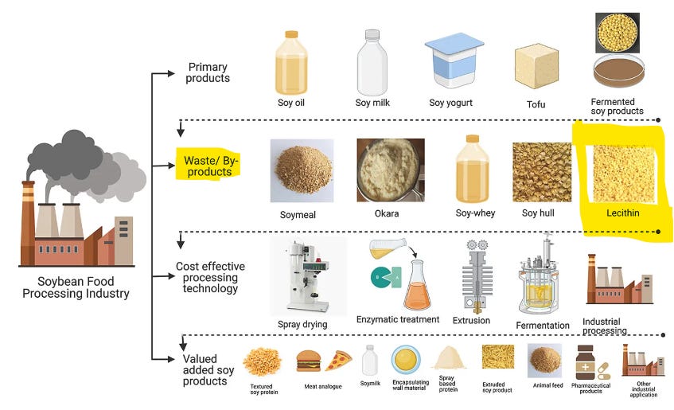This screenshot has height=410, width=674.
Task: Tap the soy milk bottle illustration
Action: [x=372, y=63]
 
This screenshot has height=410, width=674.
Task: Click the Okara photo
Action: [x=388, y=170]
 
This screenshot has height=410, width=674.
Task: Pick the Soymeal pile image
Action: [x=302, y=170]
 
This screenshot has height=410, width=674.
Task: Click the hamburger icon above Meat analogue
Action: [x=309, y=361]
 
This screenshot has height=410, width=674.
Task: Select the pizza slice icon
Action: [x=337, y=360]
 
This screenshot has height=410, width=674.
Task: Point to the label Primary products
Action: [x=208, y=73]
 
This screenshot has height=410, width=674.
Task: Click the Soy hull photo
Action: [x=542, y=172]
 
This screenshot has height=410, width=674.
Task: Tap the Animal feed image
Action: [x=545, y=360]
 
